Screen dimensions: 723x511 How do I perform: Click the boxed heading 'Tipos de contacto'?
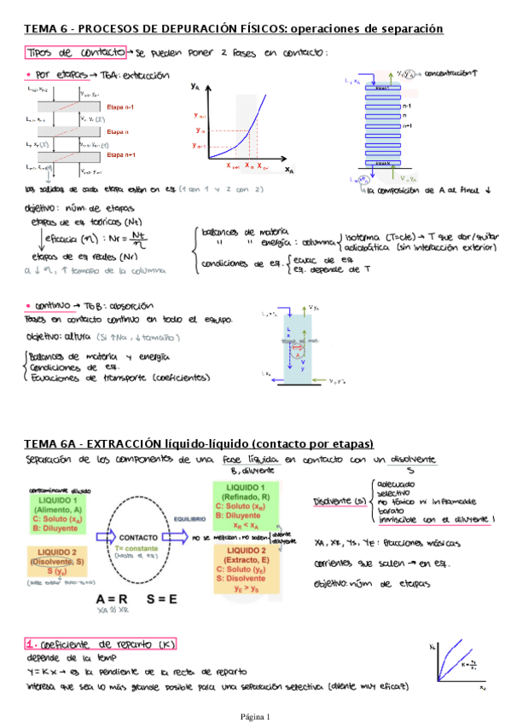pos(76,52)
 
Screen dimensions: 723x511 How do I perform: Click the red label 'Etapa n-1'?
pos(120,107)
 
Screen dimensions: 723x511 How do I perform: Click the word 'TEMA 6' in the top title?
pos(46,29)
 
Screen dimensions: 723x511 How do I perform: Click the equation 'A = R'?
pos(113,598)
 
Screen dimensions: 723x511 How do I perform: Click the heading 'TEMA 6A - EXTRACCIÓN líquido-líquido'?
pos(199,444)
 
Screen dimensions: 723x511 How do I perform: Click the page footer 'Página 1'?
pos(254,716)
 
